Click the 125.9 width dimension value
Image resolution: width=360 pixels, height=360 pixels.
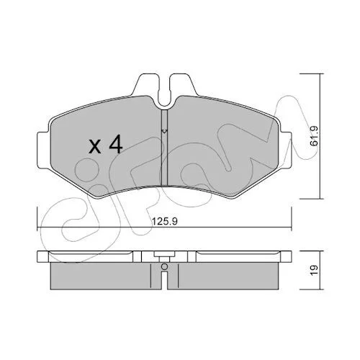[165, 221]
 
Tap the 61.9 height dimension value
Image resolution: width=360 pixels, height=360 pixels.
[314, 136]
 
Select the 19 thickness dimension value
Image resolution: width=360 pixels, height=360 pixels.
[314, 270]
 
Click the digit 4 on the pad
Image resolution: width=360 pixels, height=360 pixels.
[116, 144]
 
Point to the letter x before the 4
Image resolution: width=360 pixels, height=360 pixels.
[95, 146]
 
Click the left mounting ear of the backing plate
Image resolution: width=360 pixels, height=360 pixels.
[44, 150]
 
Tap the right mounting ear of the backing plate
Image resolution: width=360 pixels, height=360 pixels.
[285, 150]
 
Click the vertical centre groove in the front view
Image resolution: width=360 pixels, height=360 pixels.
[164, 148]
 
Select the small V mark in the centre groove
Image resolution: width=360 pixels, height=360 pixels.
[164, 131]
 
